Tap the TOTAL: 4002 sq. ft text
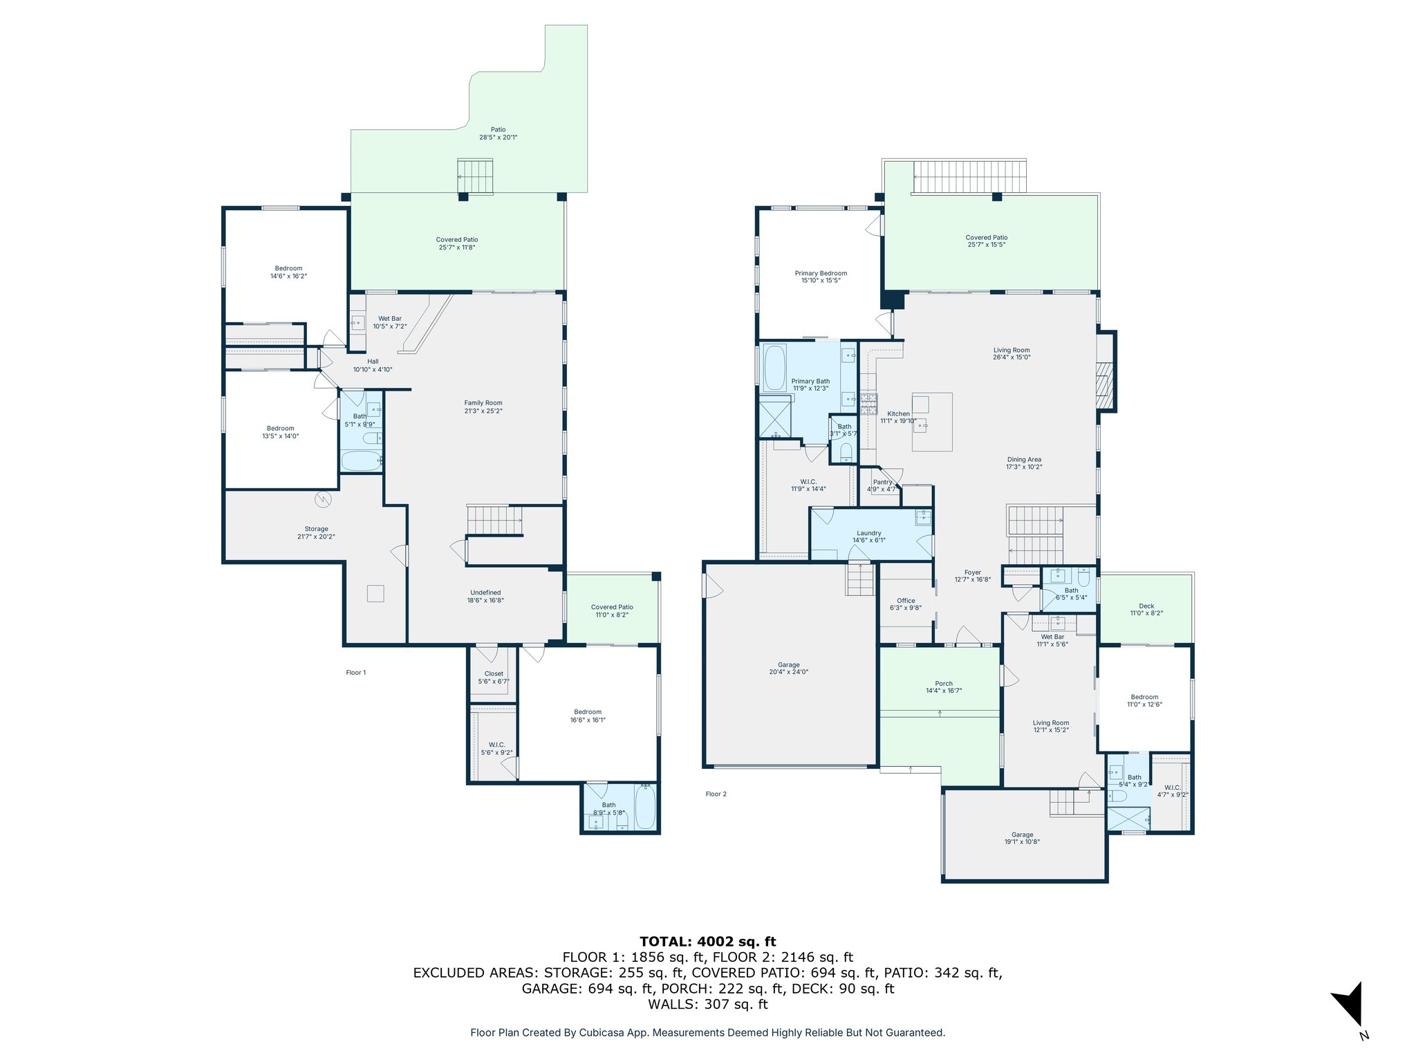coord(707,941)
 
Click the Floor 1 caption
coord(356,672)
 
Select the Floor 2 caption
coord(716,794)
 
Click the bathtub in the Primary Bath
coord(775,368)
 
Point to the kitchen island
coord(932,422)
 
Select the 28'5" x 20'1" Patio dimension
coord(499,138)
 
